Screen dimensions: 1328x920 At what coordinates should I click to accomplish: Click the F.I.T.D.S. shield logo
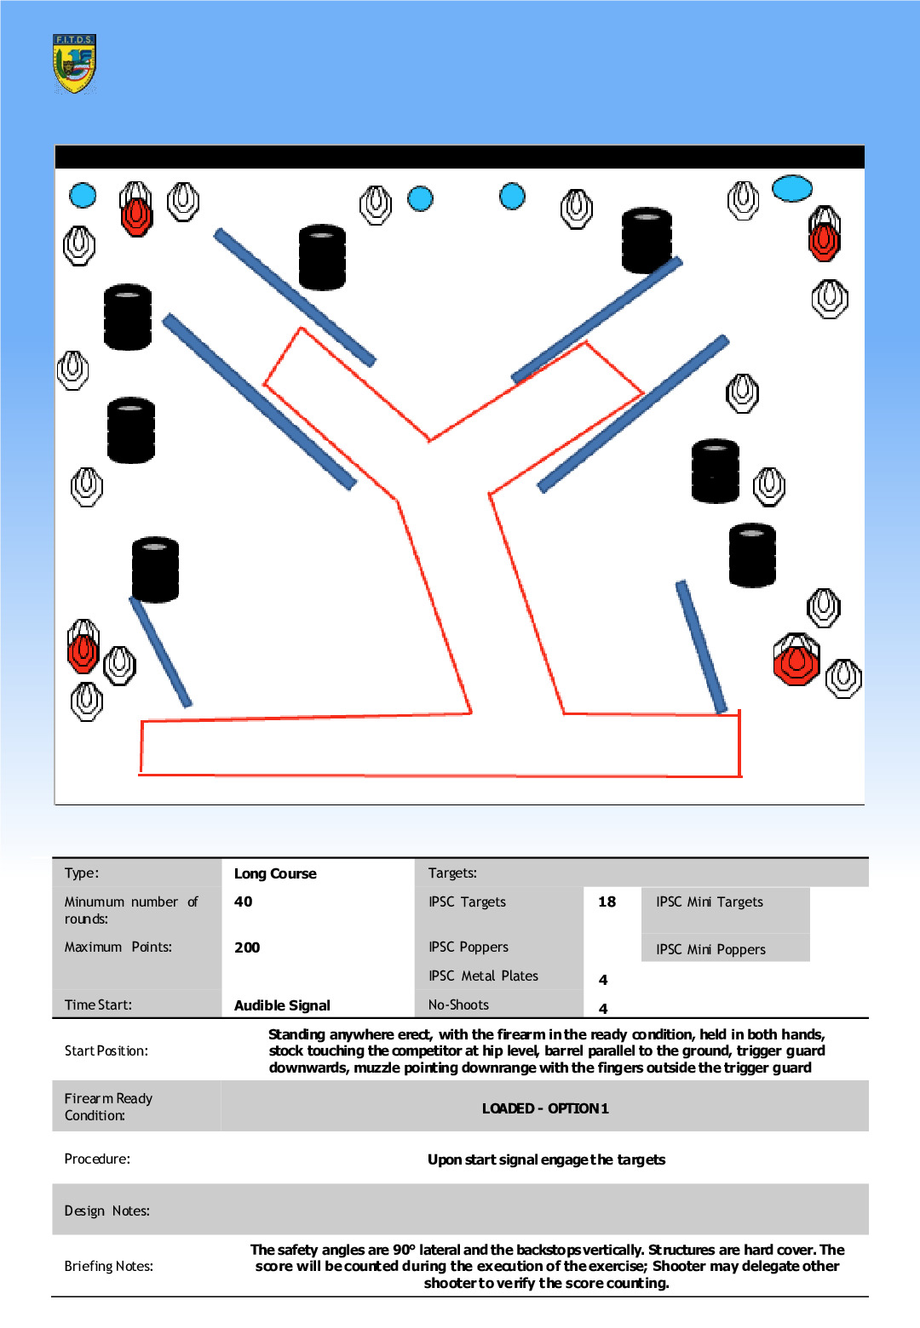(74, 63)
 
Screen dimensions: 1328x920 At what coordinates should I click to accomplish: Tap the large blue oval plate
(792, 188)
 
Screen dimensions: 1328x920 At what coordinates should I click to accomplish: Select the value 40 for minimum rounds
(244, 902)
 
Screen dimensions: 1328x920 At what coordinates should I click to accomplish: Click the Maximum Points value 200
(247, 947)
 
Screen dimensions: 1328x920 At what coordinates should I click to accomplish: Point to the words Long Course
(275, 873)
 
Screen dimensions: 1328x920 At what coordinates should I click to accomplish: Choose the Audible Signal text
(282, 1005)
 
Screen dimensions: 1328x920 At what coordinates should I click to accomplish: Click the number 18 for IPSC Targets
(607, 902)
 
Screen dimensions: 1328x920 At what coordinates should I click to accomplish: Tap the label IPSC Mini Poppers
(710, 949)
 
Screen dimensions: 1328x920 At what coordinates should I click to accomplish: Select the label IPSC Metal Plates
(483, 976)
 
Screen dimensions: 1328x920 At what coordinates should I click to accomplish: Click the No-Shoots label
(458, 1005)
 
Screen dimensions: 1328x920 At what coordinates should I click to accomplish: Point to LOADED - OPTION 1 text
(545, 1108)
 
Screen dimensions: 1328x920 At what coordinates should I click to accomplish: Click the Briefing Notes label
(108, 1266)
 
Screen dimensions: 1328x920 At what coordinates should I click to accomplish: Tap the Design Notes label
(106, 1211)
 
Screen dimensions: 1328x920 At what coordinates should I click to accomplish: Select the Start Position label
(106, 1050)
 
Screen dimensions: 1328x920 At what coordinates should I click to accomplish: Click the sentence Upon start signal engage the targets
(546, 1159)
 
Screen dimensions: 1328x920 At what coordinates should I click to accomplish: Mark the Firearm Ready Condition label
(108, 1107)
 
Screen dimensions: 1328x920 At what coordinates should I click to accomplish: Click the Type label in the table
(82, 873)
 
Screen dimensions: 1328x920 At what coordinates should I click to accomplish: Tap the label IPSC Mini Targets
(709, 902)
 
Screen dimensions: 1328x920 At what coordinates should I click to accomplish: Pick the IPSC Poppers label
(468, 947)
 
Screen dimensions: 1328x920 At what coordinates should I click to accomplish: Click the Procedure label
(97, 1159)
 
